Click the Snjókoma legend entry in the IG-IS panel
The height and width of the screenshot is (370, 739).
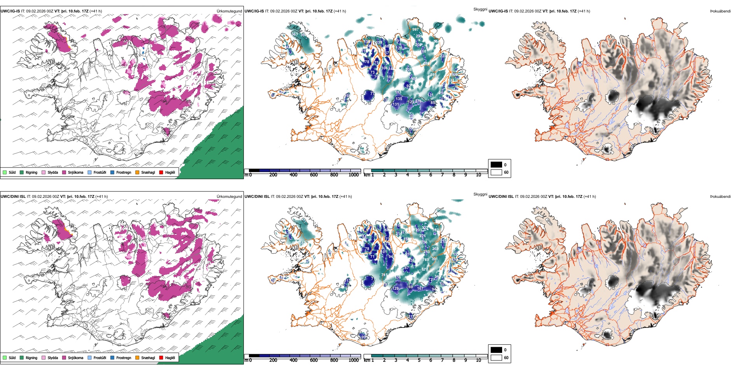(75, 172)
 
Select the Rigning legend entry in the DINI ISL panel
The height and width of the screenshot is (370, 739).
(31, 358)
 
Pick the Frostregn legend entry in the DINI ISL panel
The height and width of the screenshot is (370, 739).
(123, 358)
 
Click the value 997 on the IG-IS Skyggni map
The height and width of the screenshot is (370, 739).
(416, 30)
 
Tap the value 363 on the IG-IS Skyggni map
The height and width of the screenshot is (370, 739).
(294, 34)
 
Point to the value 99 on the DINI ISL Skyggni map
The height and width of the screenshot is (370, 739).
(364, 337)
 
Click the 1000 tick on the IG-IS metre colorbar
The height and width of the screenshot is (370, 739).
(354, 175)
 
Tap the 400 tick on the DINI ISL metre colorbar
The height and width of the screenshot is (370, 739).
(293, 360)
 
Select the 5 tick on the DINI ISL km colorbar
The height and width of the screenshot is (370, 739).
(419, 360)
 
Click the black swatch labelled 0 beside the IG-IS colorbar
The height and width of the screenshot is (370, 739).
(496, 165)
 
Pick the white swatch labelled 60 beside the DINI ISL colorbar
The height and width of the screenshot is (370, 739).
(496, 358)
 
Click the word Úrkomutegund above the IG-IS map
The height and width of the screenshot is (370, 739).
(229, 11)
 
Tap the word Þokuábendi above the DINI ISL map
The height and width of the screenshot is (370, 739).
(720, 197)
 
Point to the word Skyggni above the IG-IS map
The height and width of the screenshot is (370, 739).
(480, 9)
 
